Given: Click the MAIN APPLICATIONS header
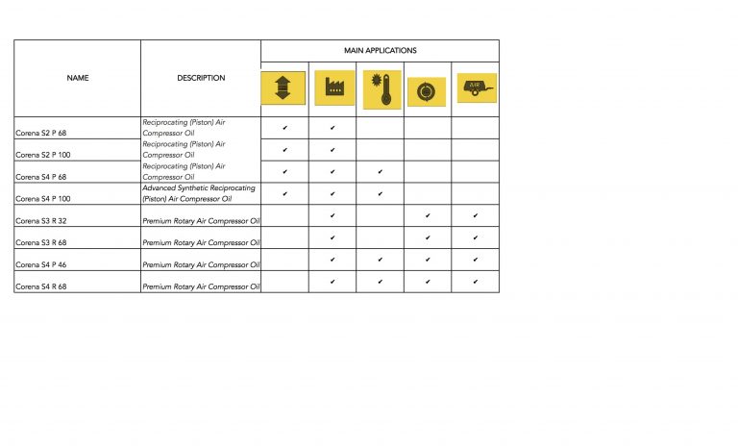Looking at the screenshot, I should [x=380, y=50].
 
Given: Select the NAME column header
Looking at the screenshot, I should [x=77, y=78].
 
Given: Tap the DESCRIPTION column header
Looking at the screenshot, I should [x=201, y=78].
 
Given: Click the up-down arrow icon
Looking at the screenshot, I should [x=283, y=88].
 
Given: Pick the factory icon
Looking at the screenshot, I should [x=332, y=88].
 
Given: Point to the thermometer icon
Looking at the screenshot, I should [x=382, y=88].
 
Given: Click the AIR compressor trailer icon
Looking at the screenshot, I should [x=476, y=88].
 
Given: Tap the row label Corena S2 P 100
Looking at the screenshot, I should [x=46, y=154].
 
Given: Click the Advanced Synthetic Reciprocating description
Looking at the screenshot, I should [x=199, y=193].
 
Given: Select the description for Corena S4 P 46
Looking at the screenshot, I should [x=201, y=264].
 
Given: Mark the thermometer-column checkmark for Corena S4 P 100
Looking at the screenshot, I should [x=381, y=193].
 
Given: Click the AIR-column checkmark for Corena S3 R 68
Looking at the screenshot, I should [x=476, y=237].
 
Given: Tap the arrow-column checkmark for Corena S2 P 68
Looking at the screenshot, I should [x=284, y=127].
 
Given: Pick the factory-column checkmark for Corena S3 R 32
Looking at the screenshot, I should [x=332, y=215].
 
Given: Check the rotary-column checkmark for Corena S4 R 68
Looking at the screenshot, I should [x=428, y=282].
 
